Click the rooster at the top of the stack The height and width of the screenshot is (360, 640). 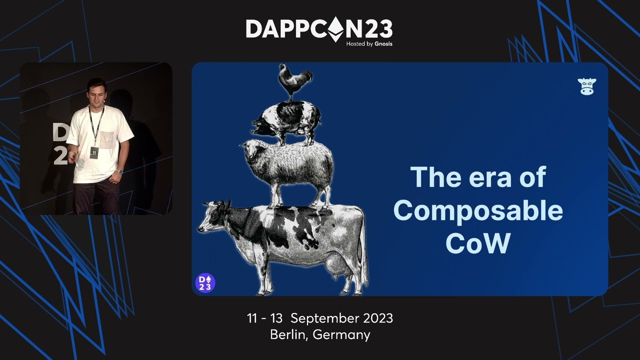[295, 81]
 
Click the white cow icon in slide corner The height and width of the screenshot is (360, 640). [586, 86]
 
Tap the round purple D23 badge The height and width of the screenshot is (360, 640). [205, 282]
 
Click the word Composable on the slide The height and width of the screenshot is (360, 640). [478, 210]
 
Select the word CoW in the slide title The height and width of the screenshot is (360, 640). [477, 243]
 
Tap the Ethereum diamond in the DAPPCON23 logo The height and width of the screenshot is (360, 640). [335, 29]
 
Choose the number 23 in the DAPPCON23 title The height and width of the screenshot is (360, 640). [377, 29]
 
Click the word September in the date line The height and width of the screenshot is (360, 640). [324, 318]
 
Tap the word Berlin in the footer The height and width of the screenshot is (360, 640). [288, 334]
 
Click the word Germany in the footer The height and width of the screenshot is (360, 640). [341, 334]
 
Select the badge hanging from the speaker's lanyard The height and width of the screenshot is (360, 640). [94, 151]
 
